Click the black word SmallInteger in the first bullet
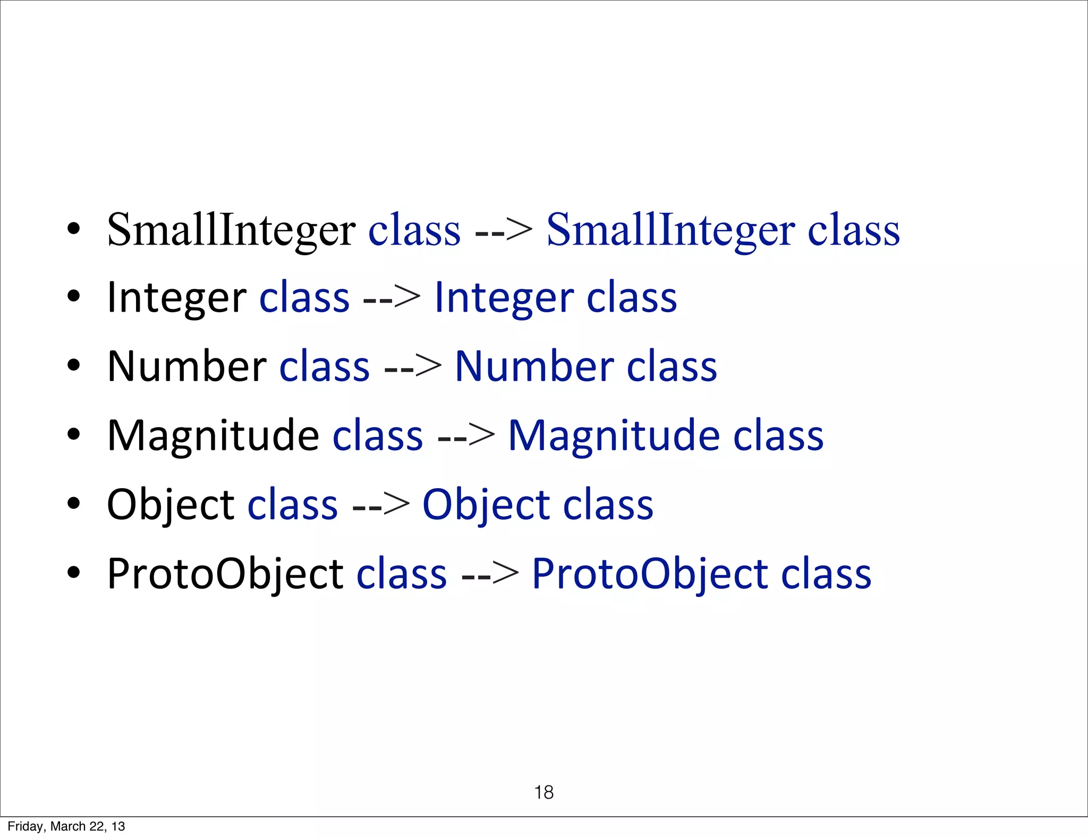pyautogui.click(x=231, y=230)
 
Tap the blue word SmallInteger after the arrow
pyautogui.click(x=670, y=230)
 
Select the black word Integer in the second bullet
pyautogui.click(x=176, y=298)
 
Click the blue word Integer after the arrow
pyautogui.click(x=504, y=298)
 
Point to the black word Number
pyautogui.click(x=186, y=367)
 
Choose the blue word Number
pyautogui.click(x=534, y=367)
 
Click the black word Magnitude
pyautogui.click(x=213, y=436)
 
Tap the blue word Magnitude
pyautogui.click(x=614, y=436)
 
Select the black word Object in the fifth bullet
pyautogui.click(x=170, y=505)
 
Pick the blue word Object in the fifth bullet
pyautogui.click(x=486, y=505)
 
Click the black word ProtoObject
pyautogui.click(x=225, y=574)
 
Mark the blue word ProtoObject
pyautogui.click(x=649, y=574)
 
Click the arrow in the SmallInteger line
pyautogui.click(x=503, y=231)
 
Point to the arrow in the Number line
pyautogui.click(x=412, y=367)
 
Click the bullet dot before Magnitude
pyautogui.click(x=74, y=434)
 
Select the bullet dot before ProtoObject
pyautogui.click(x=74, y=573)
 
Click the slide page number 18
pyautogui.click(x=543, y=792)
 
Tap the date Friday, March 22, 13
pyautogui.click(x=66, y=826)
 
